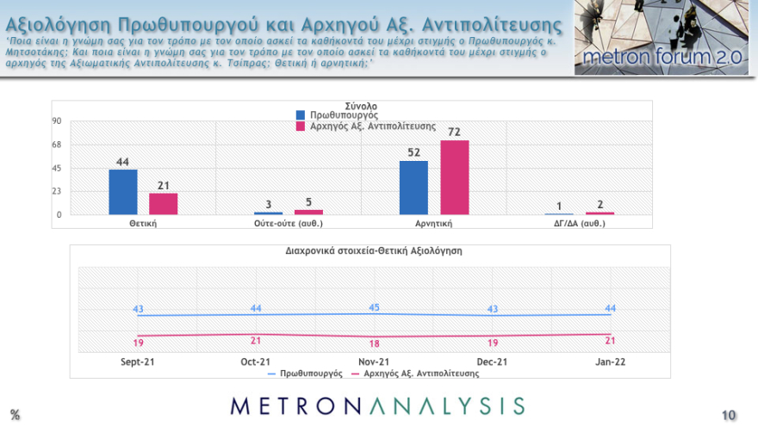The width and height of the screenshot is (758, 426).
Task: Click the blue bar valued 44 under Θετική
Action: point(122,192)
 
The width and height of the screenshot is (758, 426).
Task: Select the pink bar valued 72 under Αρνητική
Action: point(455,177)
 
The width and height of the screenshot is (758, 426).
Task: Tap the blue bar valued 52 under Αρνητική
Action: point(413,188)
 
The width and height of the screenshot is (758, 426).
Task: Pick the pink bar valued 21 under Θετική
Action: point(163,204)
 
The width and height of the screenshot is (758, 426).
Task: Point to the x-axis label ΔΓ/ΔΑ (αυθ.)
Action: point(580,224)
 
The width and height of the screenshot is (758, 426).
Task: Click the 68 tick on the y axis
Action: point(56,145)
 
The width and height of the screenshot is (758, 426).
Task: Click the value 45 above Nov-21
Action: point(373,307)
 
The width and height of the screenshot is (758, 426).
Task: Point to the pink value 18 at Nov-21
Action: point(373,343)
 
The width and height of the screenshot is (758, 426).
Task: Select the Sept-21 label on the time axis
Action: point(137,362)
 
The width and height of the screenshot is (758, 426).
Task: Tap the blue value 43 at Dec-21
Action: point(493,309)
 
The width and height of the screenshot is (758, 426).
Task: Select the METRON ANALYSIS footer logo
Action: point(377,404)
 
